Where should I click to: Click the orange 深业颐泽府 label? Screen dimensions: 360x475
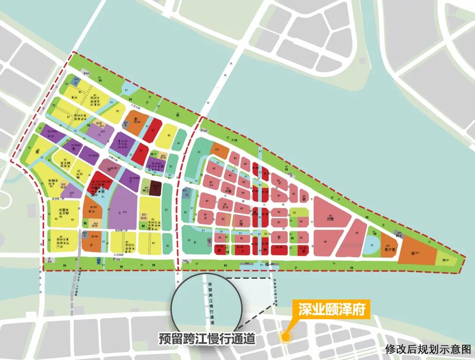[x=331, y=310]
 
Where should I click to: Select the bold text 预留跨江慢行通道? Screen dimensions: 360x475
[x=207, y=338]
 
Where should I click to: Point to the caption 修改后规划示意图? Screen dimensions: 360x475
[x=428, y=349]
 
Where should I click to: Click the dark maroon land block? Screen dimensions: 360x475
[x=155, y=189]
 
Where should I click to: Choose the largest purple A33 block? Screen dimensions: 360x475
[x=123, y=211]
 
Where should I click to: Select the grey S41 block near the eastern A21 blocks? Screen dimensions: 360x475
[x=399, y=233]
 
